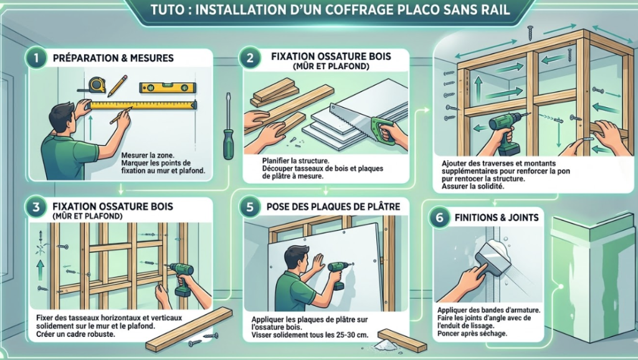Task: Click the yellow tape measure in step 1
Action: [97, 85]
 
